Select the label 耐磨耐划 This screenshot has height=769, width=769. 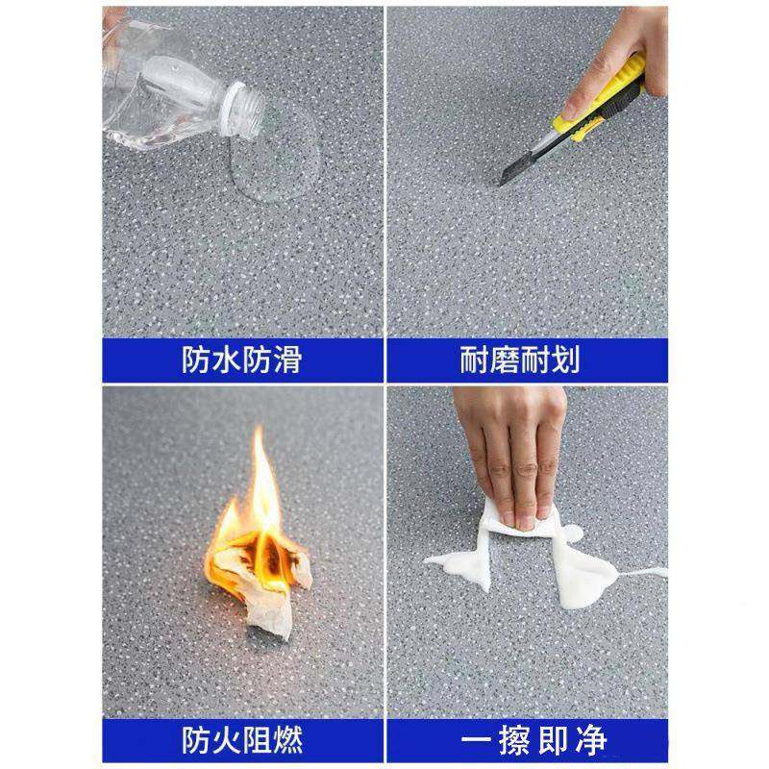(x=526, y=360)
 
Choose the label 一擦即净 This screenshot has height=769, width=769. (x=526, y=740)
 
